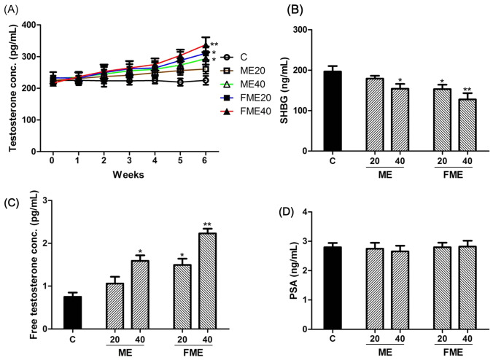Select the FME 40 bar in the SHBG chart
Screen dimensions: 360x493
point(460,125)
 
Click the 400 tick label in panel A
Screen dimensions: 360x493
point(29,26)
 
